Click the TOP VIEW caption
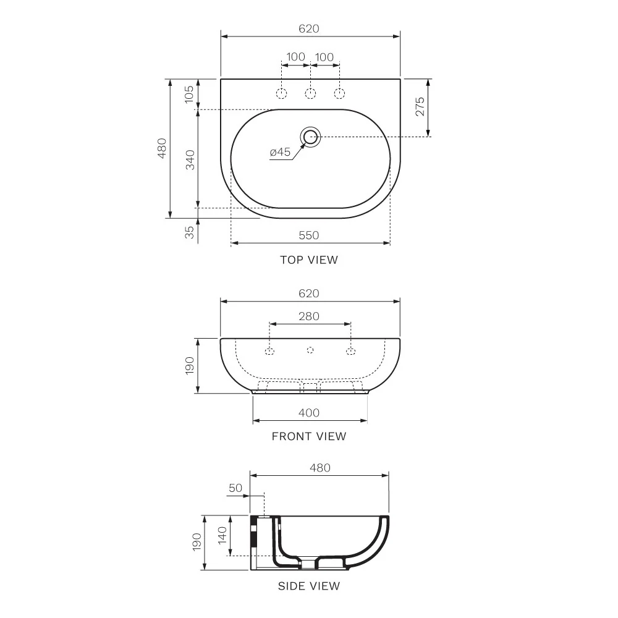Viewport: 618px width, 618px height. point(309,260)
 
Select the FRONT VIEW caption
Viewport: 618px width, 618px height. point(309,436)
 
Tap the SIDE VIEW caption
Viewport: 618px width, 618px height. point(308,586)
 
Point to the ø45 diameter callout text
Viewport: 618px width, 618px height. point(280,152)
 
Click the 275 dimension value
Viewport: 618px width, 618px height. point(420,108)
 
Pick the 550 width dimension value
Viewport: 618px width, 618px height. point(309,235)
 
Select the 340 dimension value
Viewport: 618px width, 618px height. point(190,159)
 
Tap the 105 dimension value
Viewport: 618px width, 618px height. point(190,93)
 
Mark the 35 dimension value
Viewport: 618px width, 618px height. point(190,232)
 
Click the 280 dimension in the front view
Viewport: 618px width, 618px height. point(309,316)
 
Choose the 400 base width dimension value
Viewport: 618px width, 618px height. point(309,413)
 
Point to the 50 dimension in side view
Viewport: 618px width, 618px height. point(235,488)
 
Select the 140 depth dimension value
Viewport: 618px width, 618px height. point(222,535)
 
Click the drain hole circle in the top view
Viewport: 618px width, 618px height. point(310,137)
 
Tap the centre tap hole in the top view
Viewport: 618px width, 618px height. point(310,93)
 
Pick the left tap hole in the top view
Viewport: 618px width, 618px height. point(281,93)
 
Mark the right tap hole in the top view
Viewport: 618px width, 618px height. point(339,93)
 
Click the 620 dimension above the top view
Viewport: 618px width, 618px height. point(309,29)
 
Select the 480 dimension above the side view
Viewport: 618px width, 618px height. point(320,468)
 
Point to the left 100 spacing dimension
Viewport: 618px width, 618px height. point(295,57)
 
